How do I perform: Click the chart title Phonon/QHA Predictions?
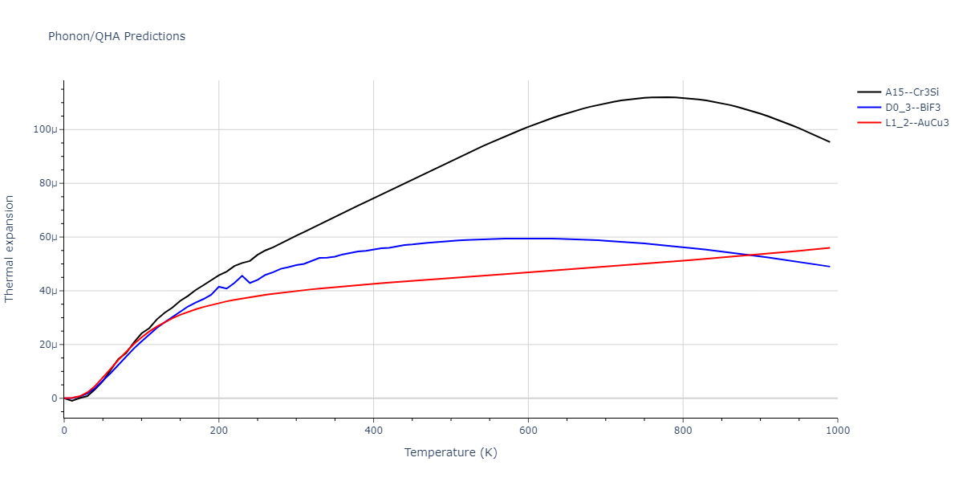point(116,36)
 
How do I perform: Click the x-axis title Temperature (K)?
point(450,452)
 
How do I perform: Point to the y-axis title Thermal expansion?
point(10,248)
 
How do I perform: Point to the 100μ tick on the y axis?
point(45,129)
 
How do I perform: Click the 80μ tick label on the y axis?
point(47,183)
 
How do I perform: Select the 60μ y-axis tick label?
point(47,237)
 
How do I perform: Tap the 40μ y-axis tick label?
point(47,291)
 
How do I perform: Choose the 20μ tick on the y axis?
point(47,345)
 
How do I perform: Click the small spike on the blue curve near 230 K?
point(242,276)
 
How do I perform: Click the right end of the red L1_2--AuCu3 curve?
point(830,247)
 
